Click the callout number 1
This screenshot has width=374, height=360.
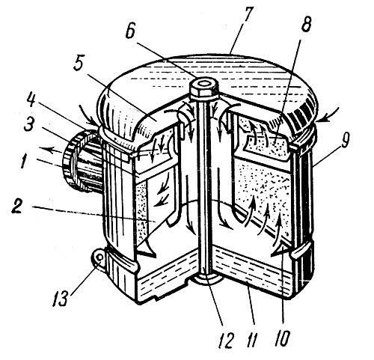pyautogui.click(x=23, y=160)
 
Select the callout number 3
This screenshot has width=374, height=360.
pyautogui.click(x=29, y=126)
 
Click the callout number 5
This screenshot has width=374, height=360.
pyautogui.click(x=79, y=63)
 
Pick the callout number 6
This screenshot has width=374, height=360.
pyautogui.click(x=130, y=31)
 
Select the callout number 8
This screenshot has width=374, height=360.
pyautogui.click(x=306, y=24)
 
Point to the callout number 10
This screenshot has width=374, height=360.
pyautogui.click(x=283, y=338)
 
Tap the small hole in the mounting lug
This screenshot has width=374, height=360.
pyautogui.click(x=99, y=258)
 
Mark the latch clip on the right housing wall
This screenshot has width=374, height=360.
pyautogui.click(x=302, y=250)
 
